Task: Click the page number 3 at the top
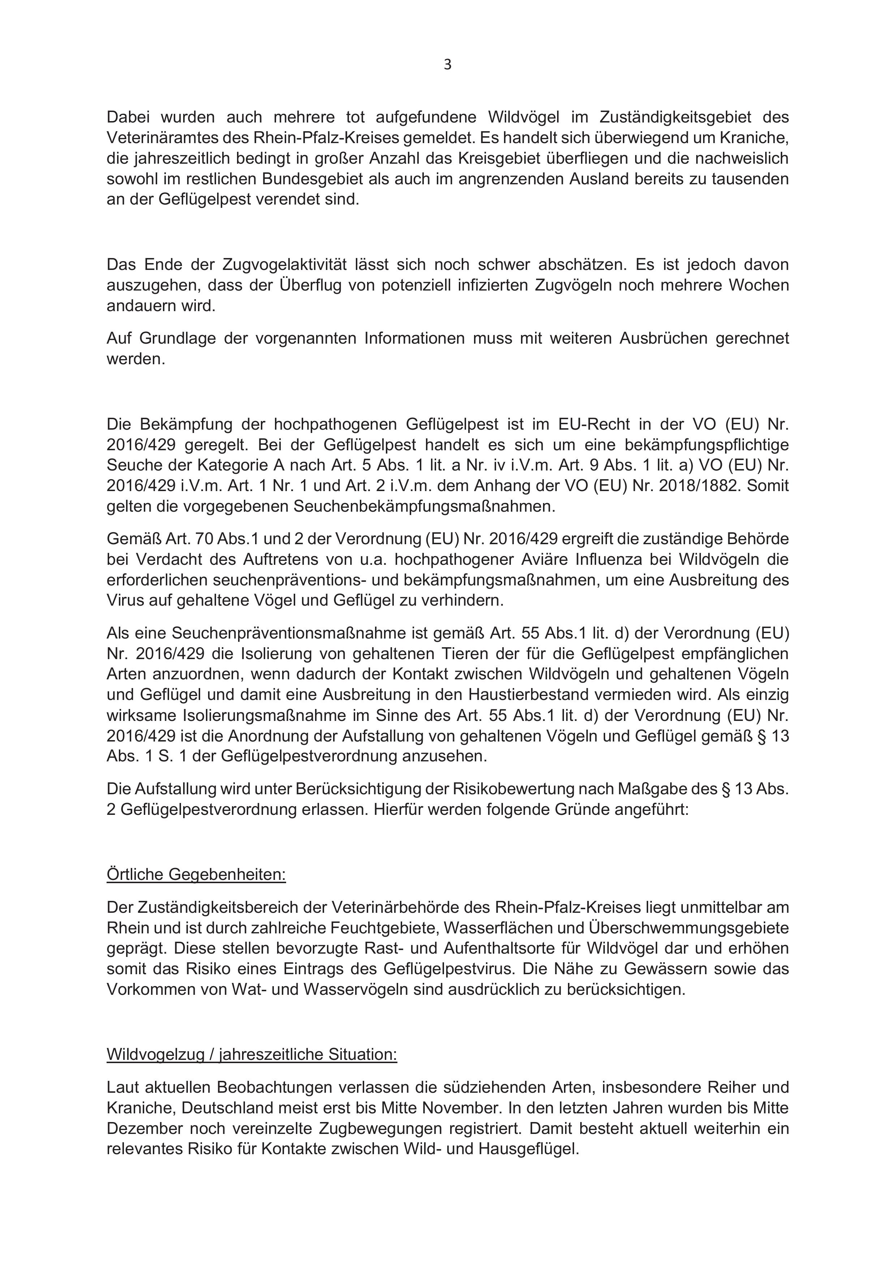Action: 447,65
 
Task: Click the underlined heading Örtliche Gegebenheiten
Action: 196,875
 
